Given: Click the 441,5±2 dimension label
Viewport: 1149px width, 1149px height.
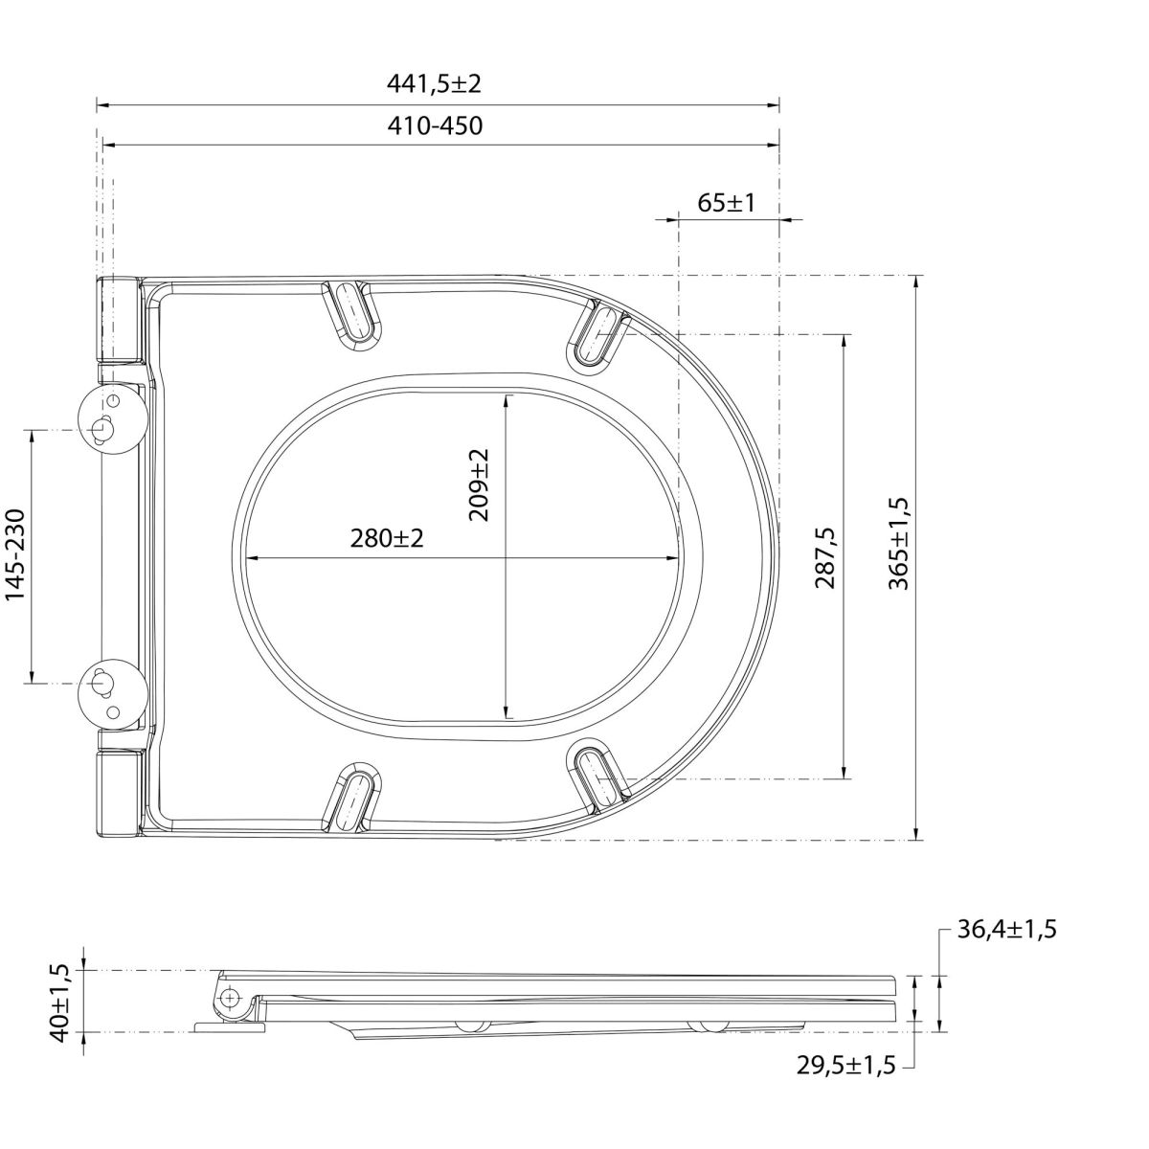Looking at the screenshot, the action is [x=434, y=84].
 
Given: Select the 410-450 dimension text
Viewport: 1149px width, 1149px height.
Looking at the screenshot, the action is [x=435, y=125].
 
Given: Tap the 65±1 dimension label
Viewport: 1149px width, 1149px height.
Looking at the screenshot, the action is [x=726, y=203].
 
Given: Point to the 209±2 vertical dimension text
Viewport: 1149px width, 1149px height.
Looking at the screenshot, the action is [x=478, y=484].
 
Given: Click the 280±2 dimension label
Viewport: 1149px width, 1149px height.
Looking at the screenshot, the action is [x=387, y=538].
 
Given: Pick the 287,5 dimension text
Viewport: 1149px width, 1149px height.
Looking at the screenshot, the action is [x=826, y=557].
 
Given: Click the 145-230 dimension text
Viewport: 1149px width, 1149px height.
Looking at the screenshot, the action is [x=16, y=554].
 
